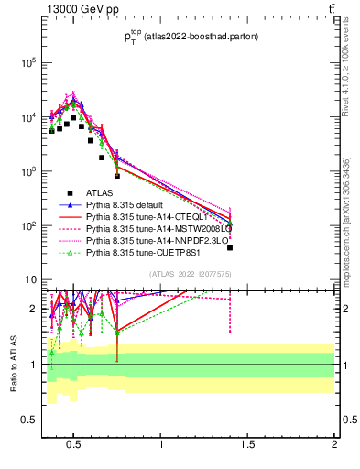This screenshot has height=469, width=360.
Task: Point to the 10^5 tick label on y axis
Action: click(x=26, y=63)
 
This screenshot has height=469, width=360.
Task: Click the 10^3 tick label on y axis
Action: click(x=26, y=171)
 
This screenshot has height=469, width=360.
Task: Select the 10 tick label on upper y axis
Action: click(x=29, y=279)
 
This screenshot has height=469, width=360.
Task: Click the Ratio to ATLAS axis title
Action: click(x=14, y=363)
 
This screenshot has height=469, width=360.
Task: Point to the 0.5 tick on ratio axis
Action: click(x=27, y=420)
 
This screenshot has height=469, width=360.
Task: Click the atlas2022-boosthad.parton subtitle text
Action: click(x=191, y=37)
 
